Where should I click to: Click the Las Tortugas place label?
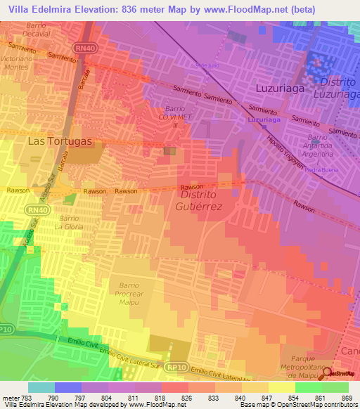pyautogui.click(x=60, y=141)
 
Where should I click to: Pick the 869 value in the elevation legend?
pyautogui.click(x=345, y=397)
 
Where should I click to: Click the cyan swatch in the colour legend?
pyautogui.click(x=41, y=387)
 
